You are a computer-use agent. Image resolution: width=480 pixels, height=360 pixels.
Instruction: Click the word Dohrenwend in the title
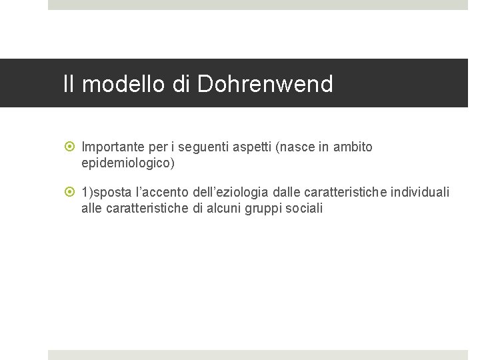(265, 84)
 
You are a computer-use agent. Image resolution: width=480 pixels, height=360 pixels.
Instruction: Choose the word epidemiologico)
(127, 162)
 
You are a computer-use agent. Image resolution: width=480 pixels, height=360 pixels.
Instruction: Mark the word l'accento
(162, 193)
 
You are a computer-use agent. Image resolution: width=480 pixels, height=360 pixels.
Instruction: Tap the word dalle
(286, 193)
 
